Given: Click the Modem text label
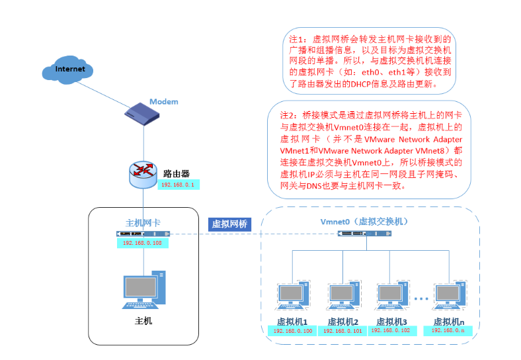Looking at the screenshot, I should click(x=163, y=101).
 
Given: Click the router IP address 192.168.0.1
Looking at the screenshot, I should click(x=178, y=185).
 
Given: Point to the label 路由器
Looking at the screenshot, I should click(x=177, y=173).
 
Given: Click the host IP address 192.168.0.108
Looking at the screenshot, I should click(x=143, y=243).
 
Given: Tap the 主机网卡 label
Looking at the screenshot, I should click(x=143, y=222).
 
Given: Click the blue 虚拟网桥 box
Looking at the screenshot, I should click(x=229, y=224).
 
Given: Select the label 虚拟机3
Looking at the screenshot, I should click(x=391, y=321).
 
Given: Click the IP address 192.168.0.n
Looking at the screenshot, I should click(x=448, y=330).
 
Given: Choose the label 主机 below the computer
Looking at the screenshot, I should click(x=143, y=321).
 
